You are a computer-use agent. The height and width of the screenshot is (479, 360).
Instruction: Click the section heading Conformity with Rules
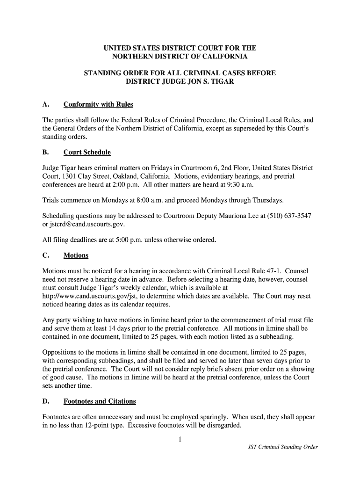click(x=98, y=104)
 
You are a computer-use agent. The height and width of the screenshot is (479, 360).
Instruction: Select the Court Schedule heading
click(x=87, y=152)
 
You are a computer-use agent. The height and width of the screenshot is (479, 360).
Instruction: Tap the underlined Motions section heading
click(x=76, y=255)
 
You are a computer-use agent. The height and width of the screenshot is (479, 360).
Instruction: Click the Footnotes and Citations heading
click(x=100, y=401)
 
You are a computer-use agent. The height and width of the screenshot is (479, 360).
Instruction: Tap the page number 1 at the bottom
click(x=180, y=439)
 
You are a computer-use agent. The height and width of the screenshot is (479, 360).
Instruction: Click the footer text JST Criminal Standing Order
click(x=282, y=447)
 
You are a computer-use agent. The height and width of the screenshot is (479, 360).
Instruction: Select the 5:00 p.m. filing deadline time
click(x=124, y=240)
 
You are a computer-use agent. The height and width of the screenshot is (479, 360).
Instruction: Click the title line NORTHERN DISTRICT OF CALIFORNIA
click(x=180, y=57)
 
